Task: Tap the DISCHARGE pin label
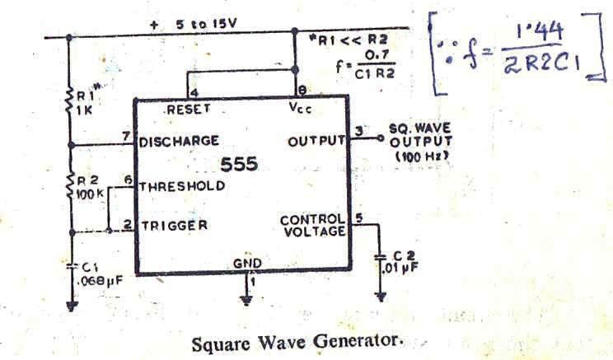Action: (x=179, y=141)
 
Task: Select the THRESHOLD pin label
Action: (x=181, y=185)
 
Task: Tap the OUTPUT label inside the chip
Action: (x=316, y=142)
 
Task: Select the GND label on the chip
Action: (x=247, y=264)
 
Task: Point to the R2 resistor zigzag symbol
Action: (x=70, y=188)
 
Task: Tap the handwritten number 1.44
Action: (x=539, y=34)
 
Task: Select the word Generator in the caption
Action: (x=363, y=339)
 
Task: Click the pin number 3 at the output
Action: (x=358, y=130)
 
